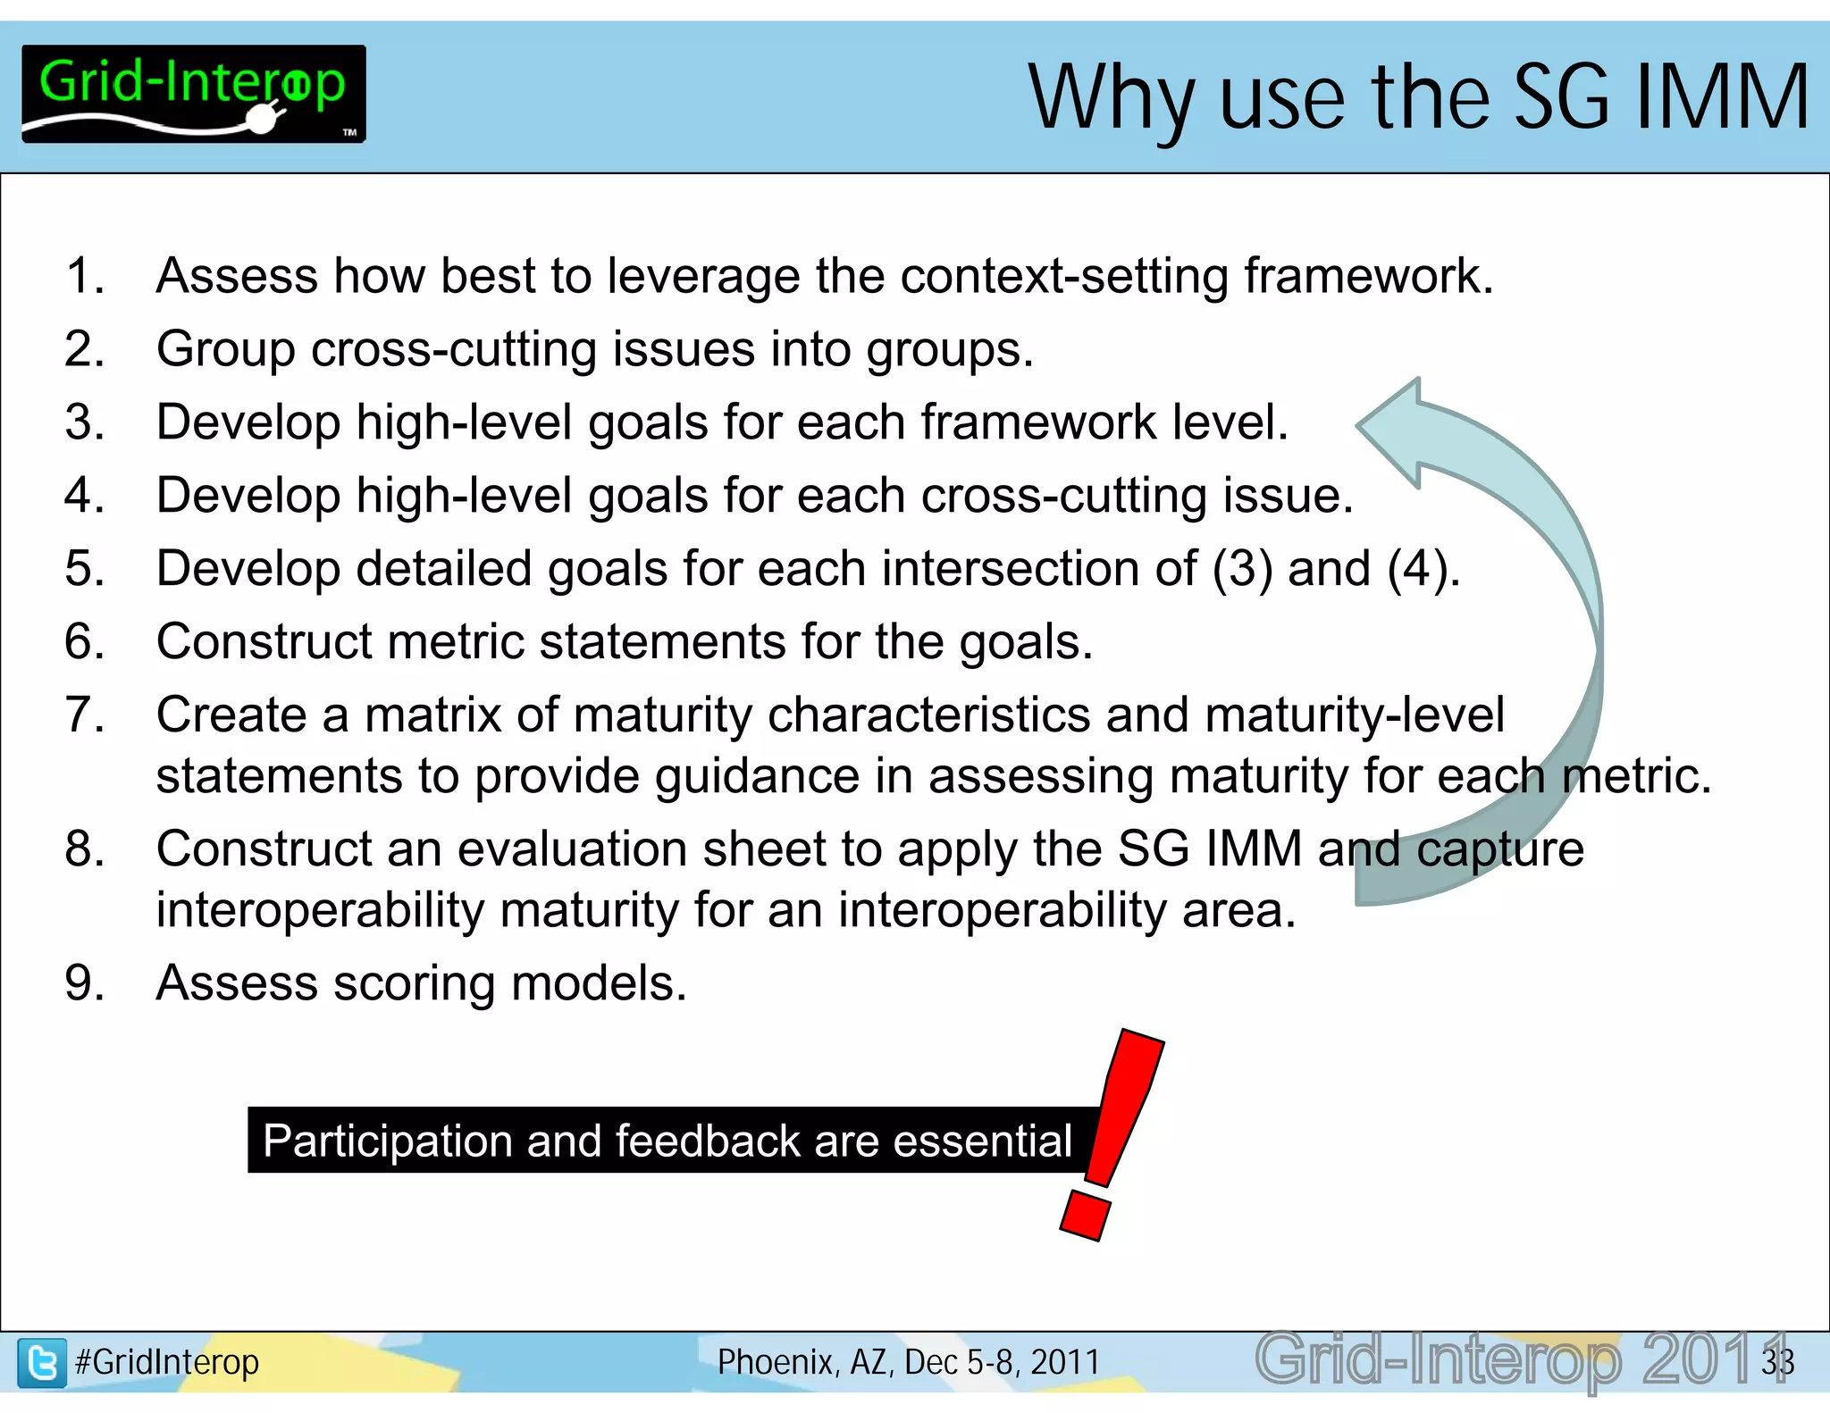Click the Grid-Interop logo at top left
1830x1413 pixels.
click(x=193, y=94)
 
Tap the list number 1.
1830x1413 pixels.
click(x=84, y=276)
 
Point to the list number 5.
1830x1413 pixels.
click(x=84, y=569)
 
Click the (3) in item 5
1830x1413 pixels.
click(x=1240, y=569)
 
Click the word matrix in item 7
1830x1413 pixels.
click(x=432, y=715)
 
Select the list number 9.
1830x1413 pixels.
click(x=84, y=983)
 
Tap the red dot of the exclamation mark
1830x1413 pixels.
click(x=1085, y=1216)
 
